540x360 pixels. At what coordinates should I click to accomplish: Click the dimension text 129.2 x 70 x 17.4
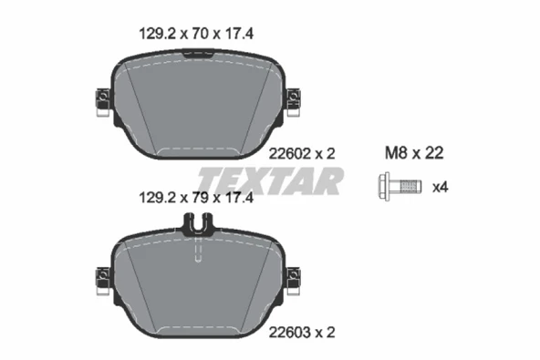coord(196,34)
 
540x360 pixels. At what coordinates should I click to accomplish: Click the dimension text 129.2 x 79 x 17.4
coord(196,198)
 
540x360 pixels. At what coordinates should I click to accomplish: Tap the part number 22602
coord(290,153)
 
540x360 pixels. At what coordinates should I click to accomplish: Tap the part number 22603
coord(290,333)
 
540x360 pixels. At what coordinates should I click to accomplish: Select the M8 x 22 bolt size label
coord(414,153)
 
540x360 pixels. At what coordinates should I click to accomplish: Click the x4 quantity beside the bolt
coord(441,188)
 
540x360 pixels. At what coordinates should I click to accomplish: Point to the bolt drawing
coord(400,187)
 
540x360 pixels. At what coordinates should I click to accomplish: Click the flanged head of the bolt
coord(384,187)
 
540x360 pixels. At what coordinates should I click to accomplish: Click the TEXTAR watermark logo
coord(270,181)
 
